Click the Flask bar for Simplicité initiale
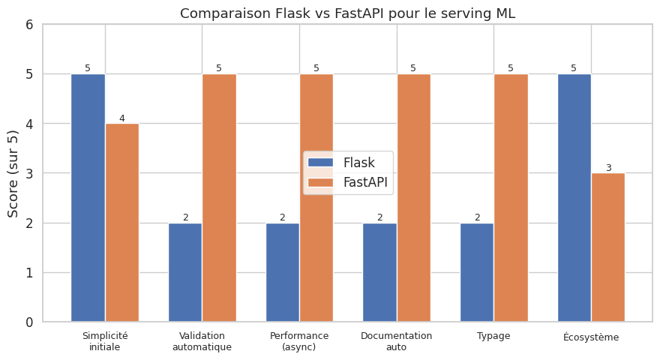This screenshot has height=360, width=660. (x=88, y=198)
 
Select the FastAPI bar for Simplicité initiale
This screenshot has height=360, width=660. (x=122, y=223)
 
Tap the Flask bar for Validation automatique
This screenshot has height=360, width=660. (x=185, y=272)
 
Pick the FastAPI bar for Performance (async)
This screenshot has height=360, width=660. (x=316, y=198)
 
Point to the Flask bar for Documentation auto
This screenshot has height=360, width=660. (x=379, y=272)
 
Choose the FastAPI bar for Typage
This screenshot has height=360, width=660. (x=511, y=198)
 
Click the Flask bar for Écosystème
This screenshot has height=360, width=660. (x=574, y=198)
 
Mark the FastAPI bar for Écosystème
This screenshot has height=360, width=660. (x=608, y=247)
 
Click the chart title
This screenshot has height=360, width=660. (x=347, y=13)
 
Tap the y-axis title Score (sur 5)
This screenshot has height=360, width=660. (x=13, y=173)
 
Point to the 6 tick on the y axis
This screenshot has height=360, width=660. (x=29, y=25)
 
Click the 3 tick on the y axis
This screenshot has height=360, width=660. (x=29, y=173)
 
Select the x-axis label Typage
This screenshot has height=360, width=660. (x=493, y=336)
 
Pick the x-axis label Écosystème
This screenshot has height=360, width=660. (x=591, y=337)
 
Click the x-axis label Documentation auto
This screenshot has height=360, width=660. (x=396, y=341)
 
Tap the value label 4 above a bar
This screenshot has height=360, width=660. (x=122, y=118)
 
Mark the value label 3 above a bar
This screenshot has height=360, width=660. (x=608, y=168)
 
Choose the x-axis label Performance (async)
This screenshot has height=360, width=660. (x=299, y=341)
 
